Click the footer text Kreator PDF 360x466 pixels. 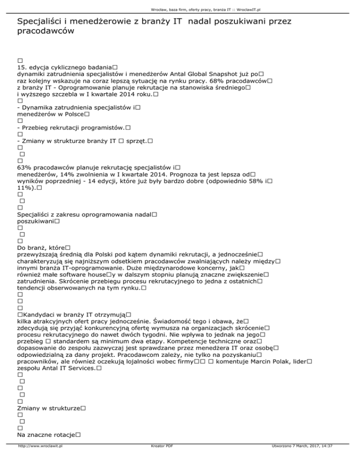[159, 459]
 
